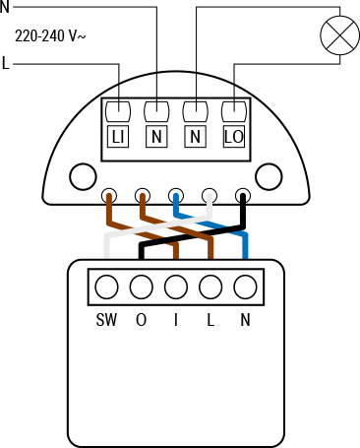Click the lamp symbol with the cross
coord(340,37)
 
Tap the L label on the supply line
coord(7,65)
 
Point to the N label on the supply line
coord(5,7)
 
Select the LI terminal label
coord(118,137)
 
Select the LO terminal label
coord(233,137)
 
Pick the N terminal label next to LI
coord(156,137)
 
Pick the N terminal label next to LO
coord(195,137)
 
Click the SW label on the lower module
coord(107,320)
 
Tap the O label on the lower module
coord(142,320)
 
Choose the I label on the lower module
coord(176,320)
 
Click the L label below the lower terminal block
coord(210,320)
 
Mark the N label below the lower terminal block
coord(245,320)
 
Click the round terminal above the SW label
coord(107,288)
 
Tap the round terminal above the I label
coord(176,288)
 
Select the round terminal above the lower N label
coord(245,288)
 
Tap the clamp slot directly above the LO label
coord(233,109)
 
